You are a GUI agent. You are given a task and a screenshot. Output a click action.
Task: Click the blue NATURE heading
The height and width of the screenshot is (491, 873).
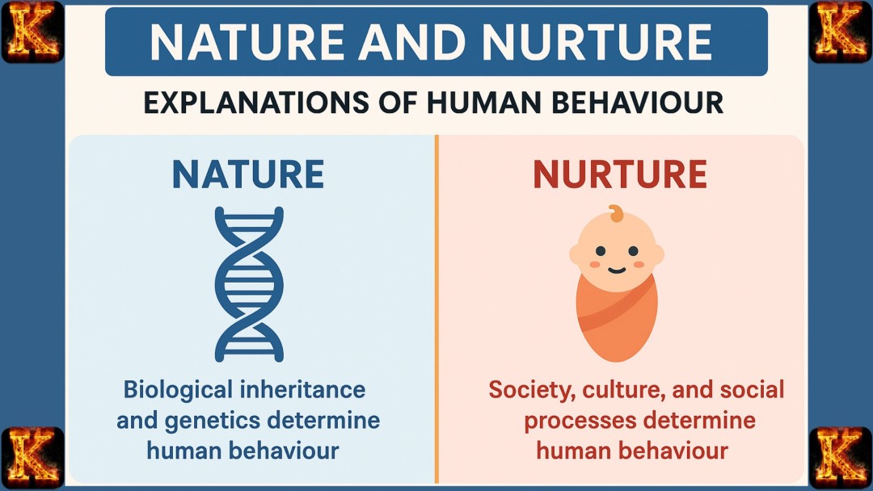247,174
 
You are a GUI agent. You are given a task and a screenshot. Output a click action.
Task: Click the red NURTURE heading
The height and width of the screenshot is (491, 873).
619,174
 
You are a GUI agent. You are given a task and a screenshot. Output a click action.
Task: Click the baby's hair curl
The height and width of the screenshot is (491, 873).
617,214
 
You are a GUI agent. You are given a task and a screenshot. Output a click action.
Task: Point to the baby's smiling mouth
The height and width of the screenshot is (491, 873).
617,270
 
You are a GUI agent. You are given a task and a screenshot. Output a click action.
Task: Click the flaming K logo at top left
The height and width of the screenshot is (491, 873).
32,32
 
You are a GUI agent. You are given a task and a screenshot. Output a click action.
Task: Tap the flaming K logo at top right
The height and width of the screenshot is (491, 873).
841,32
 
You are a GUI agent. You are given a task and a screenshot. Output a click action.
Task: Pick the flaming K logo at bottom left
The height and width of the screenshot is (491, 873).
32,458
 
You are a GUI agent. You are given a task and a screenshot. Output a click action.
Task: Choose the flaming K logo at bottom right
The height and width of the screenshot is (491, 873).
841,458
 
